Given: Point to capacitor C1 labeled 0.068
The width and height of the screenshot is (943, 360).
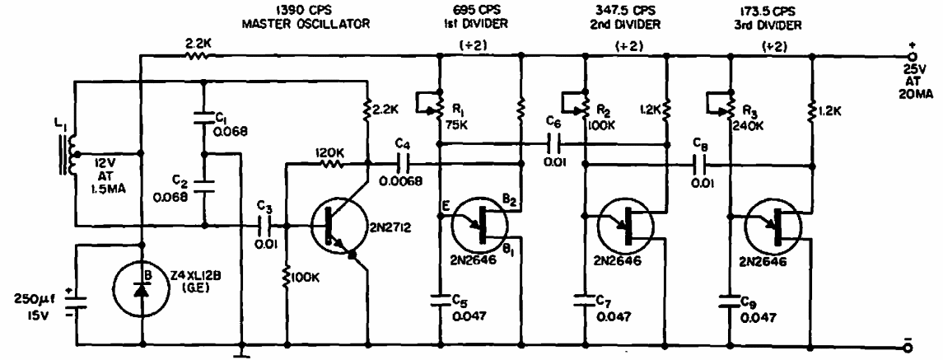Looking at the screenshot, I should coord(202,117).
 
